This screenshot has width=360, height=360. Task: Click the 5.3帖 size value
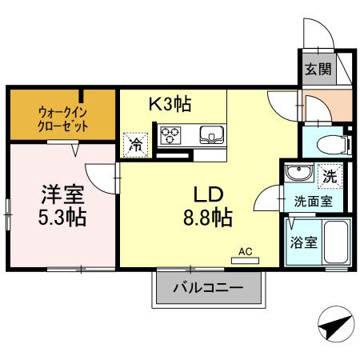click(x=62, y=216)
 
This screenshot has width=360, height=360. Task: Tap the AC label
click(x=246, y=250)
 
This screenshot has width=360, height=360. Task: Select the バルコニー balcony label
click(x=206, y=289)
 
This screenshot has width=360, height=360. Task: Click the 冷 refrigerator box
click(x=135, y=145)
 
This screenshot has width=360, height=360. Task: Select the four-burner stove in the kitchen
click(x=170, y=134)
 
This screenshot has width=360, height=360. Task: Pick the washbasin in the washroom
click(x=298, y=174)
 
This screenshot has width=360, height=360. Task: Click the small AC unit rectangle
click(x=246, y=259)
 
